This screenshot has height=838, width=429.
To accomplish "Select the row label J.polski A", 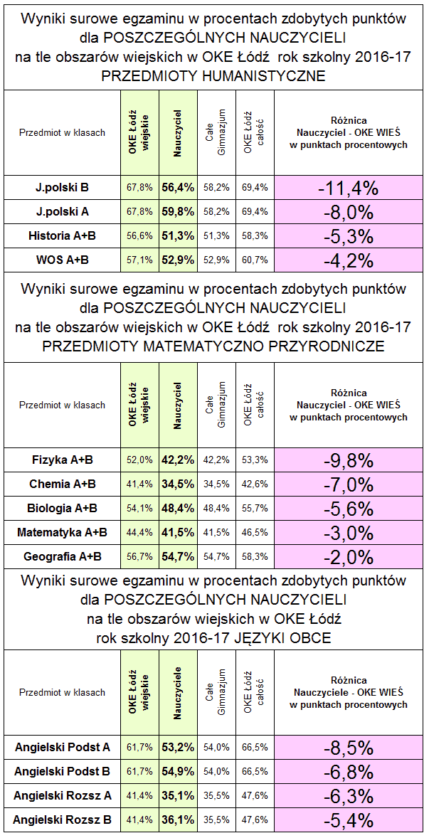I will coord(62,211).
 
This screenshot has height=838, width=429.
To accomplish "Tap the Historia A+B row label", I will coord(62,235).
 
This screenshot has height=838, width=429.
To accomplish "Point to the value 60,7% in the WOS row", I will coord(255,260).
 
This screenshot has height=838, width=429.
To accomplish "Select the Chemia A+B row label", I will coord(62,484).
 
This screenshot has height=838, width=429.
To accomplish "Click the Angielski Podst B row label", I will coord(62,771).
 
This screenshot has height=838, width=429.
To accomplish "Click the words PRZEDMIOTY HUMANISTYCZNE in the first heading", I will coord(213,76).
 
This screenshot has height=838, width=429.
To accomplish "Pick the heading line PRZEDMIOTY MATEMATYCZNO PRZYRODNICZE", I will coord(213,346).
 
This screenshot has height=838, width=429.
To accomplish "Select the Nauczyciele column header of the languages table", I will coord(178,692).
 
